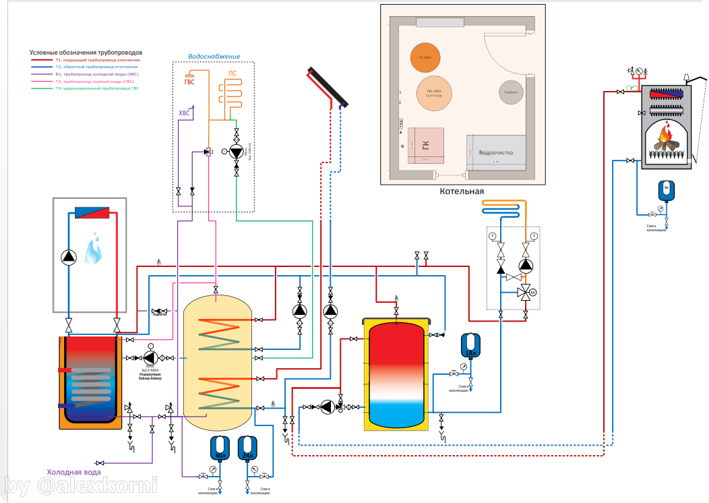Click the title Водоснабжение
pos(213,57)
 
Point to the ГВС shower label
pos(189,82)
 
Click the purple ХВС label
pos(184,113)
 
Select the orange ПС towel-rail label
pos(232,72)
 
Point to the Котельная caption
pos(462,191)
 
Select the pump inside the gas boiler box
pos(69,256)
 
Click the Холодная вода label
pos(74,472)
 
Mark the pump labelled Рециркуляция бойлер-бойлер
pos(150,357)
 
